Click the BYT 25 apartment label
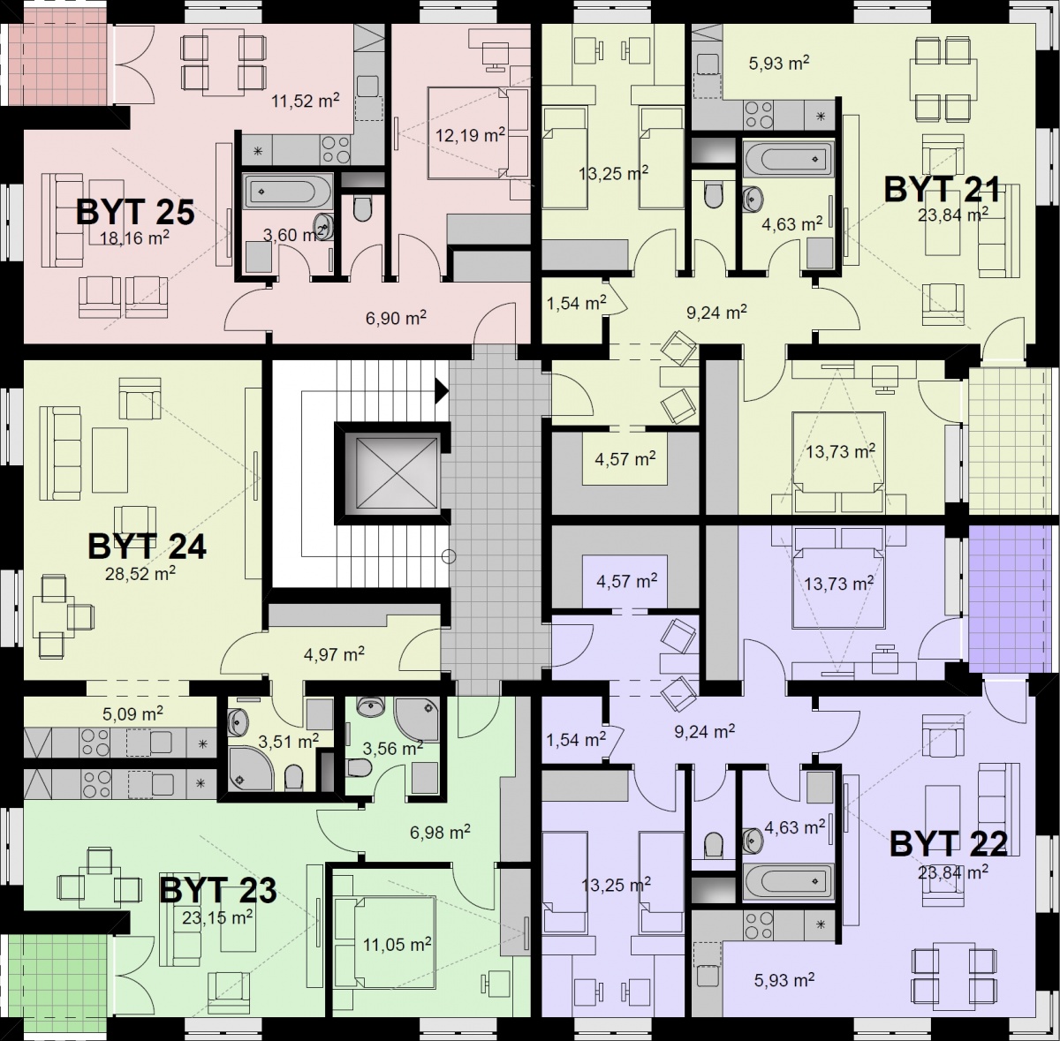coord(135,212)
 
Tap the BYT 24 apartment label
coord(147,546)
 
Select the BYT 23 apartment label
coord(218,890)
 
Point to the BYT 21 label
coord(942,189)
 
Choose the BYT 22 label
coord(949,843)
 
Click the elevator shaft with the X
coord(391,473)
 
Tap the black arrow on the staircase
coord(442,391)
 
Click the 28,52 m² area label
coord(140,574)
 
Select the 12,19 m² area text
coord(470,135)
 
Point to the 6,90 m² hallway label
coord(396,317)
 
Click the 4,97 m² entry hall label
coord(334,654)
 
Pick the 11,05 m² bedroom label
coord(397,944)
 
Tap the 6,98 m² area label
coord(440,832)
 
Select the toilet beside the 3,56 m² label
coord(360,767)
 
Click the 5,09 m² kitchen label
coord(132,713)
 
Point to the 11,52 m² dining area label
coord(306,100)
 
